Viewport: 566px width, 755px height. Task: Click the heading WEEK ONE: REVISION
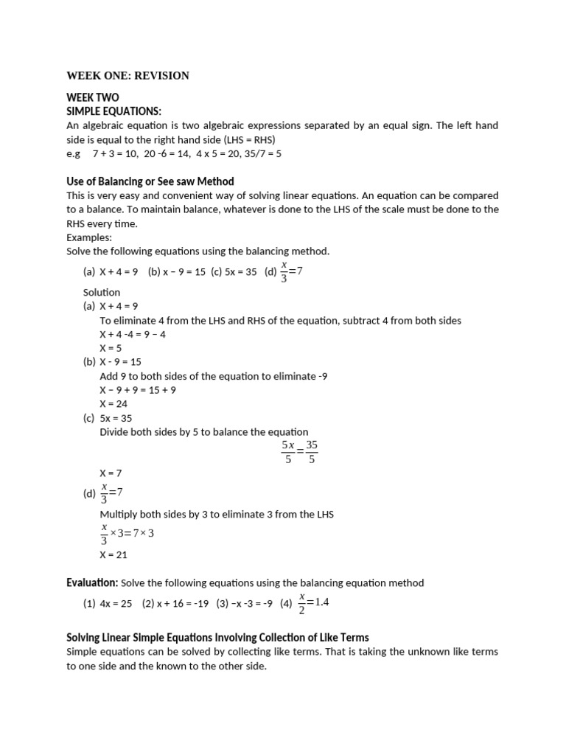[x=127, y=75]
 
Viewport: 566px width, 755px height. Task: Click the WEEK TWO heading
[x=92, y=98]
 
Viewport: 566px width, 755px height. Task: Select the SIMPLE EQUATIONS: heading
[x=113, y=111]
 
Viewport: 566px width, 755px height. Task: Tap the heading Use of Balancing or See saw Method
[x=150, y=181]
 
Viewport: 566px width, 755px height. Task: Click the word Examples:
[x=88, y=237]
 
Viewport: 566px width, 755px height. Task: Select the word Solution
[x=102, y=292]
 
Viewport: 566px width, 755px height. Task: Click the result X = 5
[x=111, y=348]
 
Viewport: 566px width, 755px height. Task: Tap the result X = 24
[x=113, y=404]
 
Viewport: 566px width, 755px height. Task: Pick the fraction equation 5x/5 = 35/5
[x=299, y=452]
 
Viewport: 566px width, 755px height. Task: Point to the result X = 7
[x=111, y=473]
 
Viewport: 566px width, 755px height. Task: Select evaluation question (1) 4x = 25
[x=108, y=603]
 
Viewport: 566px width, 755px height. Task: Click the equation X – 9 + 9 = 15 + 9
[x=138, y=390]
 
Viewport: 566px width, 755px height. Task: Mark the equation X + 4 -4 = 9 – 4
[x=133, y=334]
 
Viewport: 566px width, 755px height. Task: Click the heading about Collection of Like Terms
[x=217, y=637]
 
